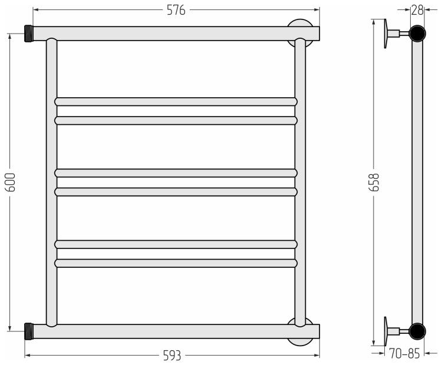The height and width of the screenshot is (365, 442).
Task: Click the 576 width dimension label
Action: pyautogui.click(x=176, y=10)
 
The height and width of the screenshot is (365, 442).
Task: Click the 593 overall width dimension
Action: pyautogui.click(x=172, y=356)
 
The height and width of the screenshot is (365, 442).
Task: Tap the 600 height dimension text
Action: pyautogui.click(x=11, y=182)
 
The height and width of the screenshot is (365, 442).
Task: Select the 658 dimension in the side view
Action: pyautogui.click(x=374, y=182)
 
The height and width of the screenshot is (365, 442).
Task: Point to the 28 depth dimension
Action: pyautogui.click(x=417, y=10)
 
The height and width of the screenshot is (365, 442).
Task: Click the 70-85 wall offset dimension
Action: pyautogui.click(x=404, y=353)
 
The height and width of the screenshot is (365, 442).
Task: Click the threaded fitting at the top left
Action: pyautogui.click(x=29, y=34)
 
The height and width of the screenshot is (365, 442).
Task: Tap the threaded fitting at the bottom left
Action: pyautogui.click(x=29, y=331)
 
